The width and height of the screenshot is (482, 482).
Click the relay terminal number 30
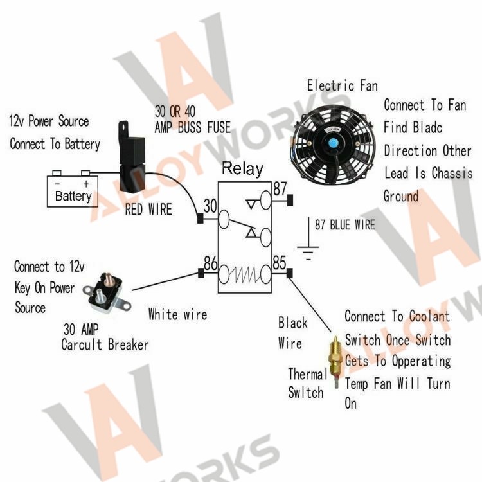click(210, 206)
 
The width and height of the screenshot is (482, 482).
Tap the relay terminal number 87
click(280, 188)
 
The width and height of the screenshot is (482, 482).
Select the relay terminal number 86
click(211, 263)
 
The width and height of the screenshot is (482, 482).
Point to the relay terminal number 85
click(280, 263)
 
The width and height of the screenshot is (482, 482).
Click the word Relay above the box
click(242, 169)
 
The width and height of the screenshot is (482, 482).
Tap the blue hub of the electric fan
click(332, 143)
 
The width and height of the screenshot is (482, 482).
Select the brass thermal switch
click(335, 362)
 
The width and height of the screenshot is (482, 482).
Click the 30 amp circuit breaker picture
click(107, 293)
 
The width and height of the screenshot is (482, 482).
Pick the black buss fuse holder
click(132, 157)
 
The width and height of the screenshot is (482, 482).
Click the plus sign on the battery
click(86, 184)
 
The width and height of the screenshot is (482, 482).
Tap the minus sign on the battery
click(57, 184)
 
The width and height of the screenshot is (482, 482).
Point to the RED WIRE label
click(148, 210)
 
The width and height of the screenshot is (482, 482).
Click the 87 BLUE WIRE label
click(345, 225)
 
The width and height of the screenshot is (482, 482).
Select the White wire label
click(177, 314)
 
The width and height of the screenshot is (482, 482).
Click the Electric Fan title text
click(343, 85)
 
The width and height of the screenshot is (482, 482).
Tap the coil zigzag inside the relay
click(245, 274)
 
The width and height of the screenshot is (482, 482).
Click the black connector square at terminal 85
click(289, 273)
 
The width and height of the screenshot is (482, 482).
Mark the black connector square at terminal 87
click(290, 200)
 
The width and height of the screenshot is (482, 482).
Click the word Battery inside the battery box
click(73, 196)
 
